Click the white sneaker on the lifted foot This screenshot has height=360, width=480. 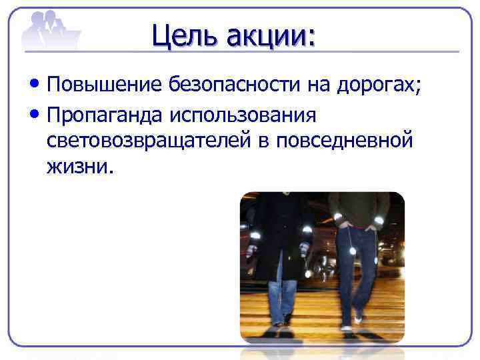click(x=359, y=319)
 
